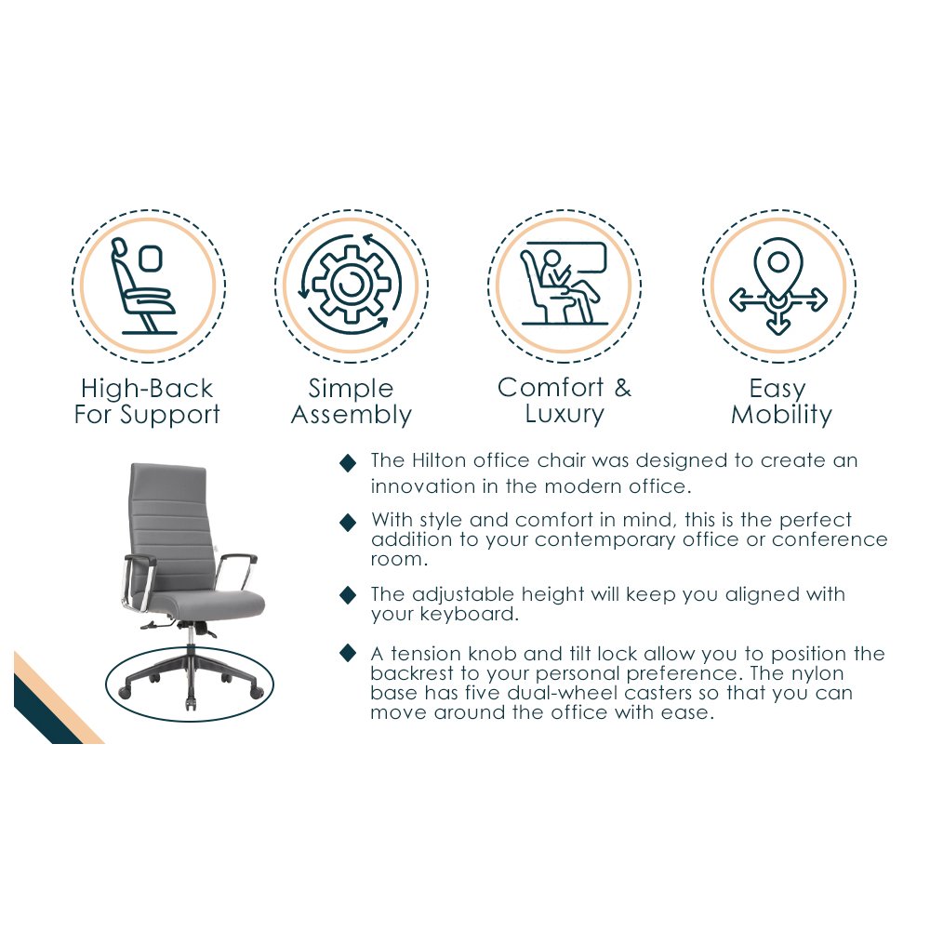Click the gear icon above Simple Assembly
tap(352, 286)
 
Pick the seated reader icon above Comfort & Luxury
tap(565, 284)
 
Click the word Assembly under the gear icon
tap(352, 415)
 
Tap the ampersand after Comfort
tap(623, 388)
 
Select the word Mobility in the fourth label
tap(782, 415)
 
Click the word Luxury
tap(565, 414)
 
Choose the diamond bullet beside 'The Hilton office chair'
tap(348, 462)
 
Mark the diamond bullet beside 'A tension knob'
tap(348, 653)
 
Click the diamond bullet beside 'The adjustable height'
tap(348, 594)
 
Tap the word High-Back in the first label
tap(147, 389)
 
